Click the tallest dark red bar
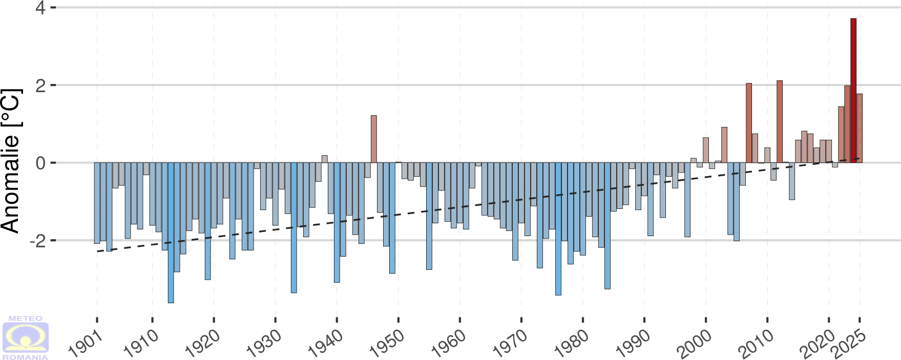[x=853, y=90]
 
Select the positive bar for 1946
[x=374, y=139]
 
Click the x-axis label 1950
[x=387, y=343]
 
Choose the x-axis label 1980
[x=571, y=343]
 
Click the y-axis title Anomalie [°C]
[x=11, y=161]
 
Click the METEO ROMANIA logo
[x=26, y=338]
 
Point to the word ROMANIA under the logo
[x=26, y=357]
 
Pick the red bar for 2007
[x=749, y=123]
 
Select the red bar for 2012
[x=780, y=121]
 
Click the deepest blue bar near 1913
[x=171, y=232]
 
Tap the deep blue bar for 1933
[x=294, y=227]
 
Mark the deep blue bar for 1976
[x=558, y=228]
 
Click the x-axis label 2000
[x=694, y=343]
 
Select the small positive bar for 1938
[x=325, y=159]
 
